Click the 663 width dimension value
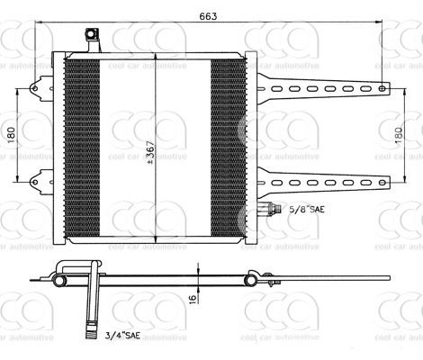click(208, 16)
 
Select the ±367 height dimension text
click(151, 152)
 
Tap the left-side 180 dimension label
click(11, 135)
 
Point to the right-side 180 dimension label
click(399, 135)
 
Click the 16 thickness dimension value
click(193, 299)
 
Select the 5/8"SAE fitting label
click(307, 209)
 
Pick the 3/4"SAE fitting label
click(122, 335)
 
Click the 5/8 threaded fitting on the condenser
click(273, 208)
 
